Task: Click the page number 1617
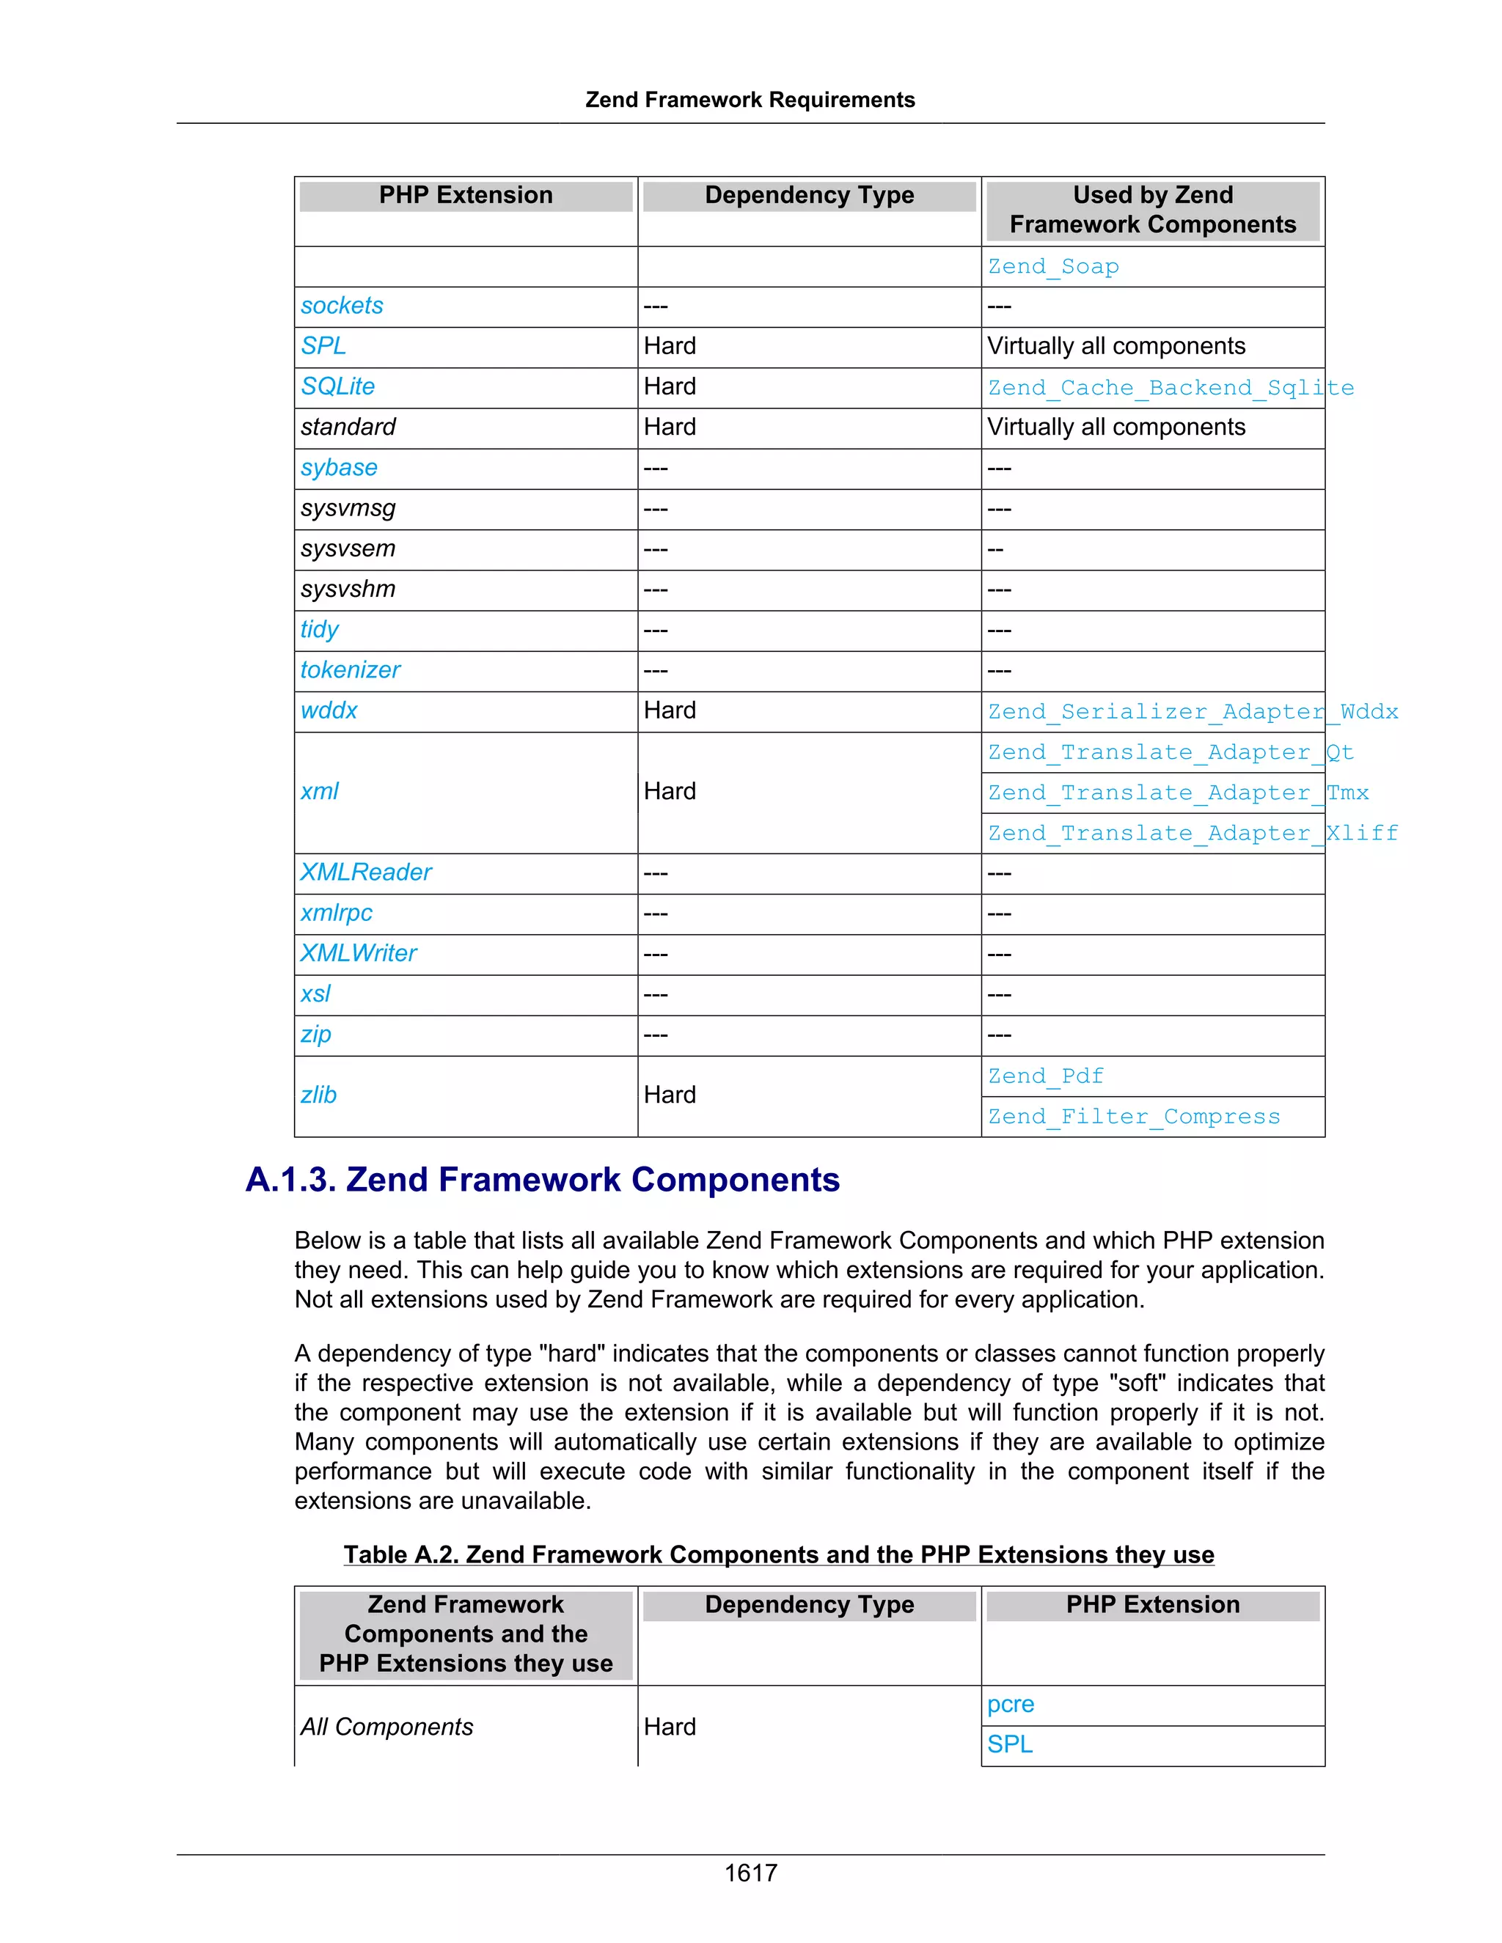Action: pyautogui.click(x=750, y=1873)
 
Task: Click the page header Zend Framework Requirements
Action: pyautogui.click(x=750, y=100)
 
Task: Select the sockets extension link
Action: pyautogui.click(x=342, y=305)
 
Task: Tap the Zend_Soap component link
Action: pyautogui.click(x=1054, y=266)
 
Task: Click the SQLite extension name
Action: pyautogui.click(x=337, y=386)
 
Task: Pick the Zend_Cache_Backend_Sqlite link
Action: pyautogui.click(x=1170, y=388)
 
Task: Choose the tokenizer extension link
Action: pyautogui.click(x=351, y=670)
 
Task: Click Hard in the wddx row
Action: pyautogui.click(x=670, y=710)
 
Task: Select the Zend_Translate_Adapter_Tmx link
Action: pyautogui.click(x=1178, y=793)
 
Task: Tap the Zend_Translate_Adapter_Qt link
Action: pyautogui.click(x=1170, y=753)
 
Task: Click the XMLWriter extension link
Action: pyautogui.click(x=359, y=953)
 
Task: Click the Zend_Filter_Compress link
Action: pyautogui.click(x=1134, y=1117)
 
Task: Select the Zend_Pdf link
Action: pyautogui.click(x=1046, y=1076)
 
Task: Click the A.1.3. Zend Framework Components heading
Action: pyautogui.click(x=543, y=1180)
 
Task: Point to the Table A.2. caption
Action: pyautogui.click(x=779, y=1554)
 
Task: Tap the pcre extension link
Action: pyautogui.click(x=1011, y=1704)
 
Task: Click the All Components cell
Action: pyautogui.click(x=387, y=1727)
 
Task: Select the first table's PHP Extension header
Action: pyautogui.click(x=466, y=196)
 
